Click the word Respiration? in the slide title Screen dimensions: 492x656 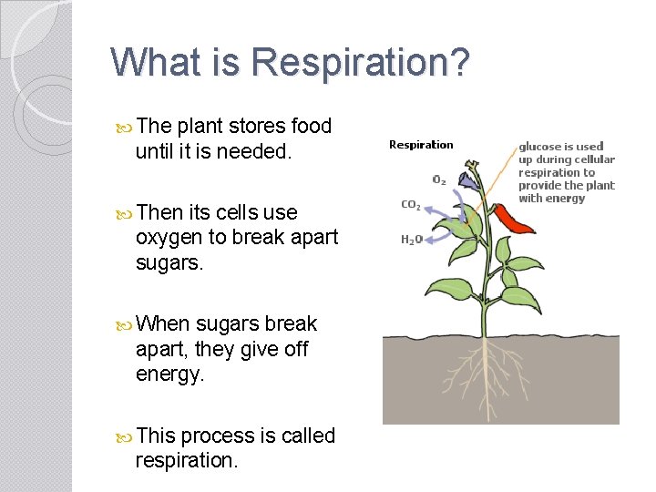[x=361, y=63]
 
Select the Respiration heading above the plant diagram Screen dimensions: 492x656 [x=421, y=144]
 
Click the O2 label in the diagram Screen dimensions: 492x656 [x=439, y=179]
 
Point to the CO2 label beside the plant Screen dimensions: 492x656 [x=411, y=205]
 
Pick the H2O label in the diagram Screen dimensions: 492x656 [x=412, y=240]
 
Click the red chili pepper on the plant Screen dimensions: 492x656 [x=515, y=219]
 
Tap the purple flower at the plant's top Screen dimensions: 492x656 [x=470, y=179]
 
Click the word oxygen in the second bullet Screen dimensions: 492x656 [x=167, y=237]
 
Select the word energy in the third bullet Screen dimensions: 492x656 [x=167, y=374]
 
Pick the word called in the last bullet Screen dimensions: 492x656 [x=308, y=436]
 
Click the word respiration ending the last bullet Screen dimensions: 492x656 [x=186, y=460]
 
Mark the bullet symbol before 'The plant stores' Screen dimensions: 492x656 [x=125, y=127]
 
